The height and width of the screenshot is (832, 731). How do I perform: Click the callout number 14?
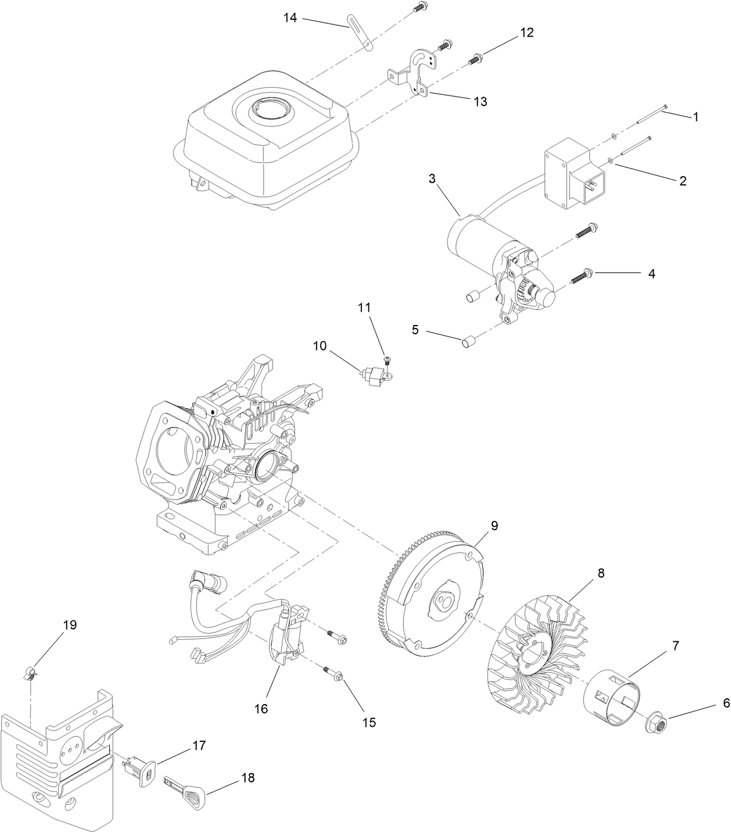coord(290,18)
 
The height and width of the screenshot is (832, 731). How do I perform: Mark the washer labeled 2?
coord(610,160)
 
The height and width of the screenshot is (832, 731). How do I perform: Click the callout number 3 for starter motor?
coord(432,179)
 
